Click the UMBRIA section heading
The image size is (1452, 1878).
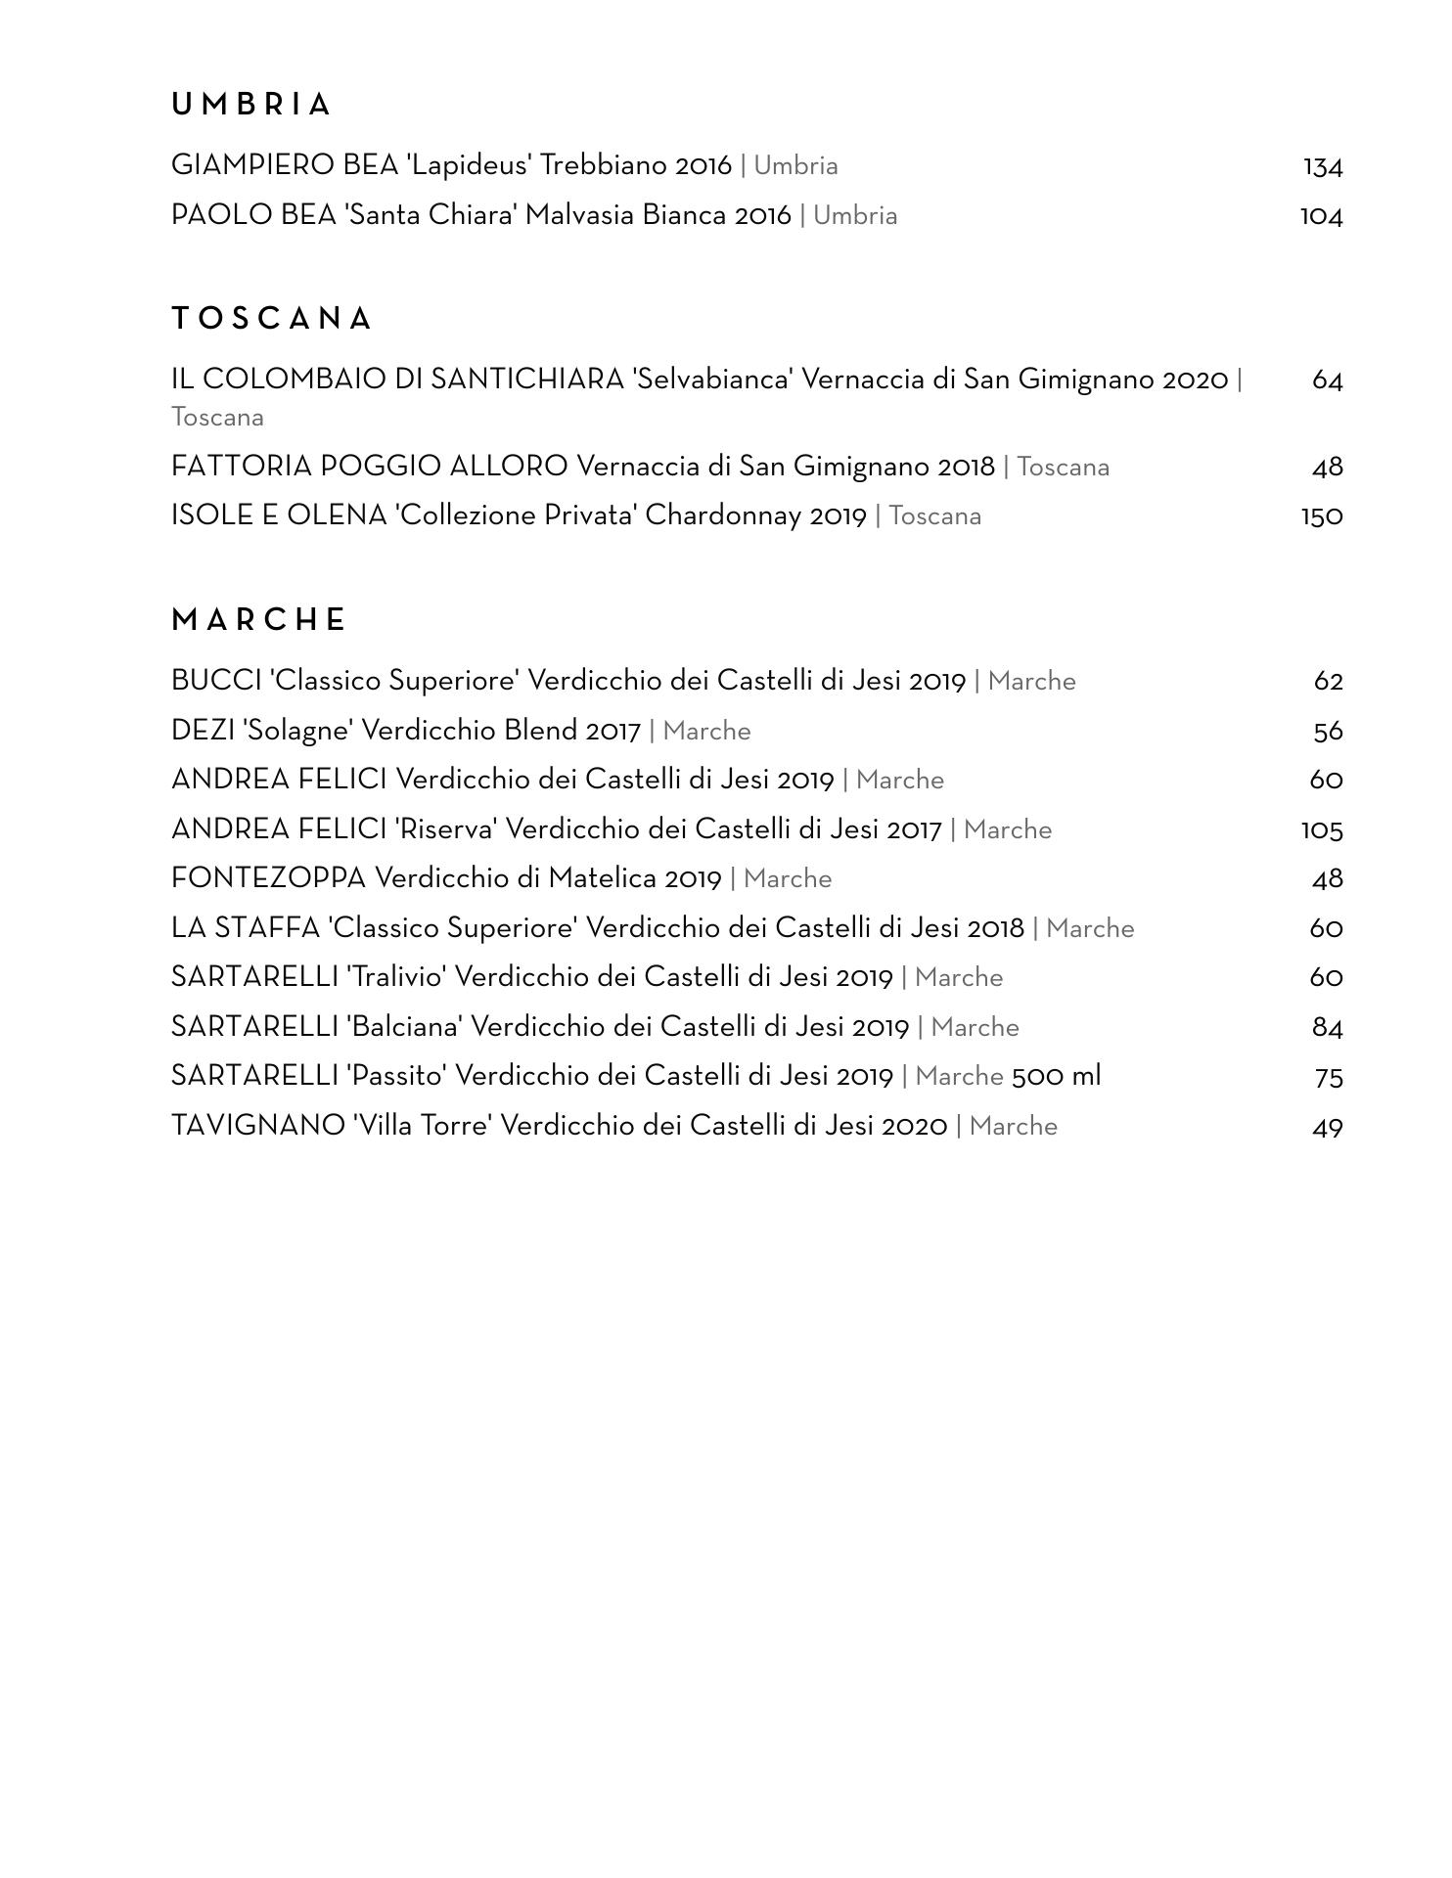pyautogui.click(x=251, y=105)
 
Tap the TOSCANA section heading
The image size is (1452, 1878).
pyautogui.click(x=272, y=319)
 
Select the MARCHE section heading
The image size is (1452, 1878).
pyautogui.click(x=259, y=620)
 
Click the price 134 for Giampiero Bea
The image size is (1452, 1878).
pyautogui.click(x=1322, y=167)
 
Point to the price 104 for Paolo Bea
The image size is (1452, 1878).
pyautogui.click(x=1321, y=216)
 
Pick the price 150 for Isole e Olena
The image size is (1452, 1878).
pyautogui.click(x=1321, y=516)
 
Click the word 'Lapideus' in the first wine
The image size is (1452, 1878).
pyautogui.click(x=469, y=165)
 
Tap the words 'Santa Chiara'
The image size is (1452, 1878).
pyautogui.click(x=431, y=215)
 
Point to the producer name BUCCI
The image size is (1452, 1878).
pyautogui.click(x=216, y=681)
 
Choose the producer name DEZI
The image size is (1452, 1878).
pyautogui.click(x=203, y=731)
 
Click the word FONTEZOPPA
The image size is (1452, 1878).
pyautogui.click(x=268, y=878)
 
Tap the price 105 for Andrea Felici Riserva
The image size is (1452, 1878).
pyautogui.click(x=1321, y=830)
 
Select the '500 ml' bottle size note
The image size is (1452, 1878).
pyautogui.click(x=1056, y=1077)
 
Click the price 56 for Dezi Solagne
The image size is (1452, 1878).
pyautogui.click(x=1328, y=732)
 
